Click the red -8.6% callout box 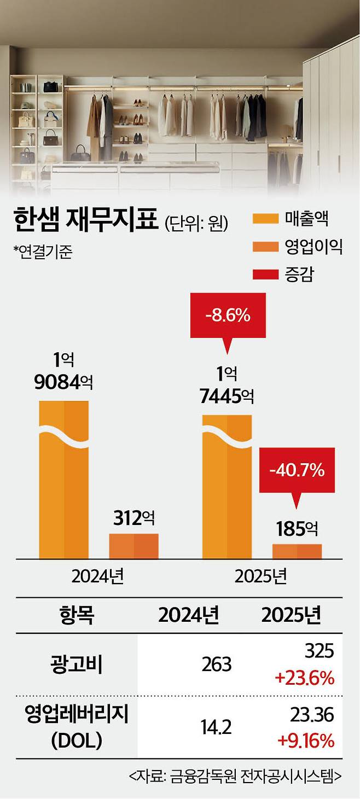(228, 316)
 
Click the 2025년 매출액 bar (227, 487)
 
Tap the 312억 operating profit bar (133, 546)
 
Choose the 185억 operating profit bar (297, 551)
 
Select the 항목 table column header (77, 615)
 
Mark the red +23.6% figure (305, 679)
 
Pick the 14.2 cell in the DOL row (216, 727)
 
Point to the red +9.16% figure (306, 741)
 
